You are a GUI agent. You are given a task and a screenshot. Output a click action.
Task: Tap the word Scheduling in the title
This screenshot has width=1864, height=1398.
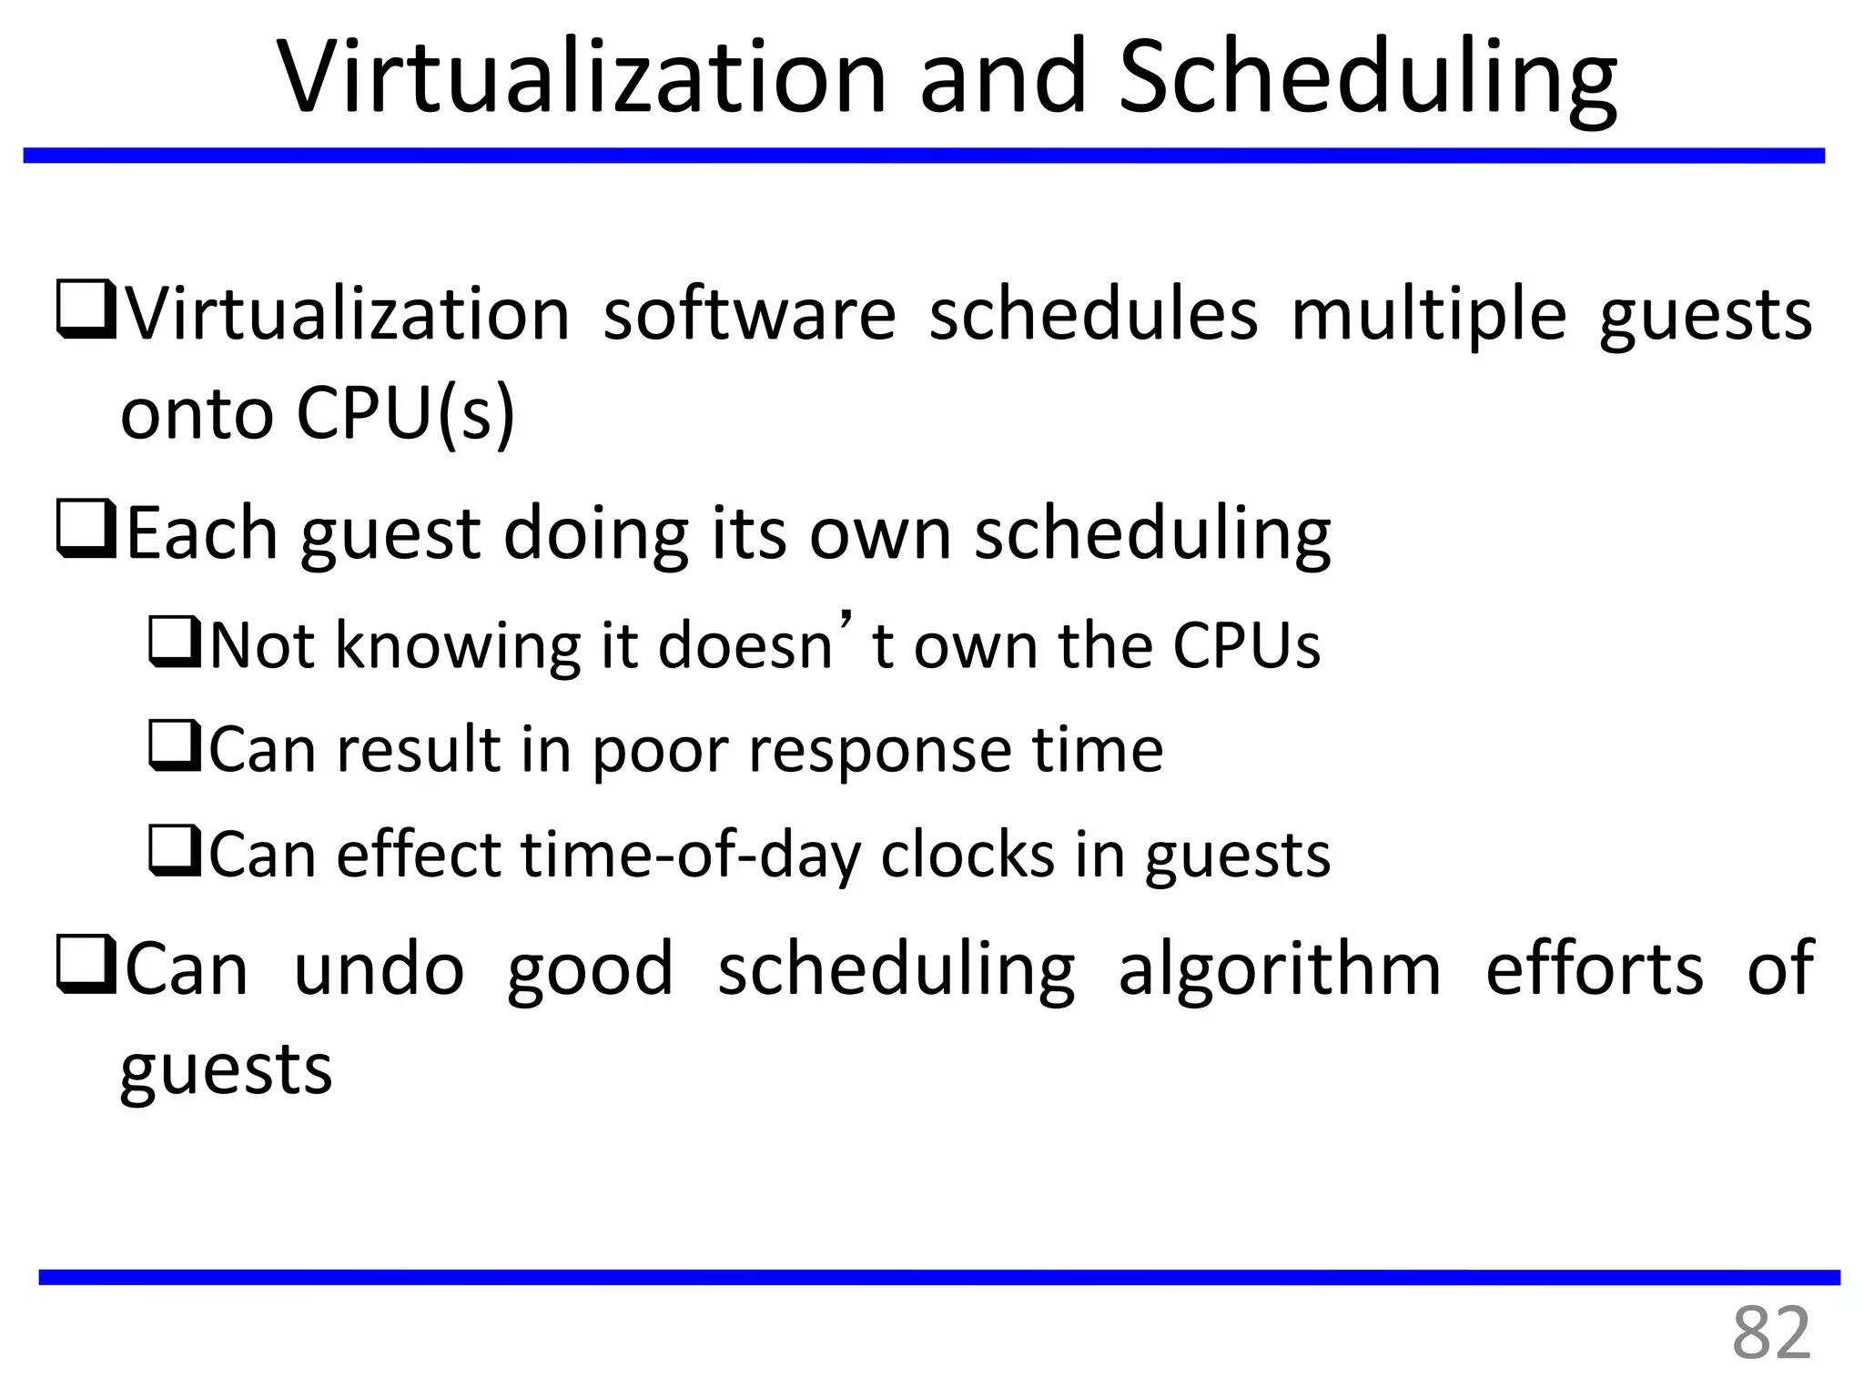[x=1367, y=80]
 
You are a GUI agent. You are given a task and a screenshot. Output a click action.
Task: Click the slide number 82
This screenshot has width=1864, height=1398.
[x=1770, y=1332]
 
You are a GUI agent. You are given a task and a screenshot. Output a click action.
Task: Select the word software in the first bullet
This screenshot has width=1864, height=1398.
[x=749, y=314]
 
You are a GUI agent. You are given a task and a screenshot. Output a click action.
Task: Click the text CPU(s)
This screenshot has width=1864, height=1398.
[x=406, y=414]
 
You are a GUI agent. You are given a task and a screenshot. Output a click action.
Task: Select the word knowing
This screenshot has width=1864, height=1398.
[x=458, y=647]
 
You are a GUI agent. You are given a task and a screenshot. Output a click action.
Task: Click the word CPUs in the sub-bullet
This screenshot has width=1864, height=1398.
[x=1246, y=645]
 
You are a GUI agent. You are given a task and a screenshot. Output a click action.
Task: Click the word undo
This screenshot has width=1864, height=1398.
[x=379, y=969]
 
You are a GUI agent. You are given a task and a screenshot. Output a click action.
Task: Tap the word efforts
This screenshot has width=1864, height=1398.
[x=1594, y=968]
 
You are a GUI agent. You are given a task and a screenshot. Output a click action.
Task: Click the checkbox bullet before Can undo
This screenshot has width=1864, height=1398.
[x=86, y=965]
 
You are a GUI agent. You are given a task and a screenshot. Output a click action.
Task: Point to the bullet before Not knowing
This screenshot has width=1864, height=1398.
[x=175, y=643]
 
